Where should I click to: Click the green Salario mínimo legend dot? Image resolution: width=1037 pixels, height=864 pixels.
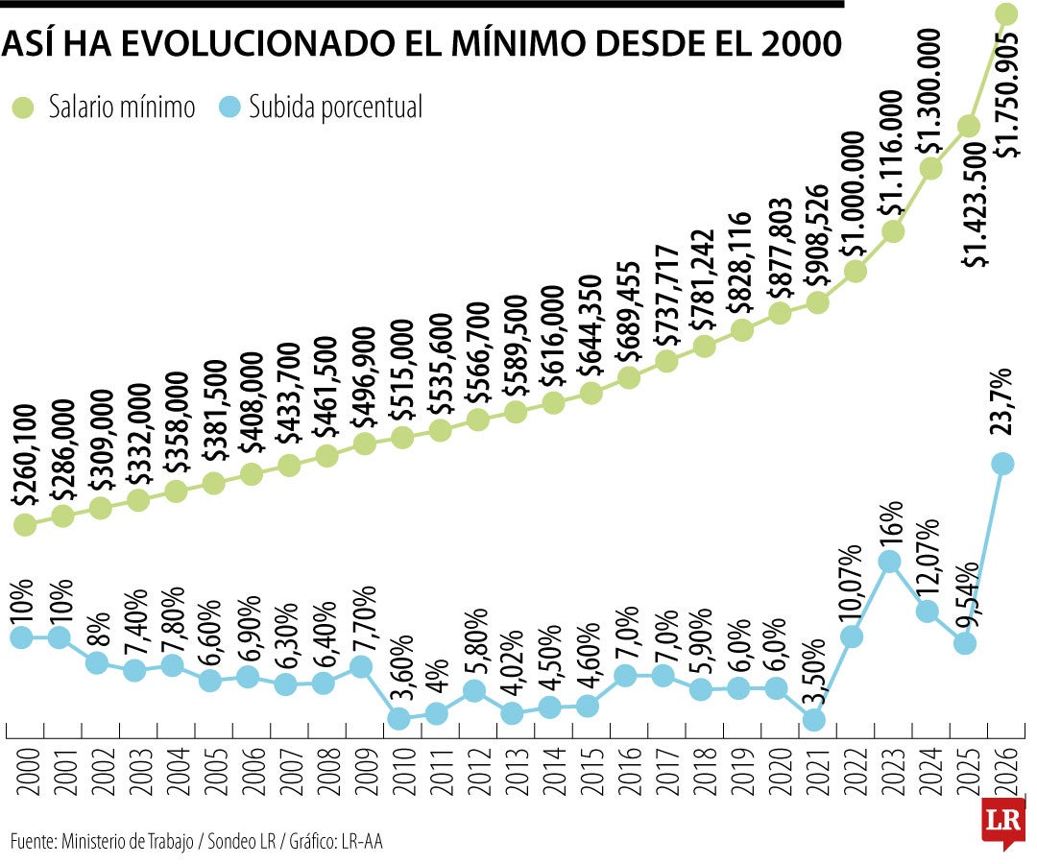[22, 107]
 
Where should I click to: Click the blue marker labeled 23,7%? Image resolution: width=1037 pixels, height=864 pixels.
[1002, 464]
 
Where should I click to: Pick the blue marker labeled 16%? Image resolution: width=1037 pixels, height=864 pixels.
[890, 562]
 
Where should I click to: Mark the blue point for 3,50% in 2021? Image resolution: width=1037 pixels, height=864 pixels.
[814, 719]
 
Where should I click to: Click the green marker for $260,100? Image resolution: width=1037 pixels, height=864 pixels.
[26, 524]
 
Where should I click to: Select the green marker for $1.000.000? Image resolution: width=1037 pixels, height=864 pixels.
[856, 271]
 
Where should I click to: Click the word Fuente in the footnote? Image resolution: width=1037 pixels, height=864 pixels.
[32, 841]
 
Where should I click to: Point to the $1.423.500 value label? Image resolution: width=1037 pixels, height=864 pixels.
[975, 204]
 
